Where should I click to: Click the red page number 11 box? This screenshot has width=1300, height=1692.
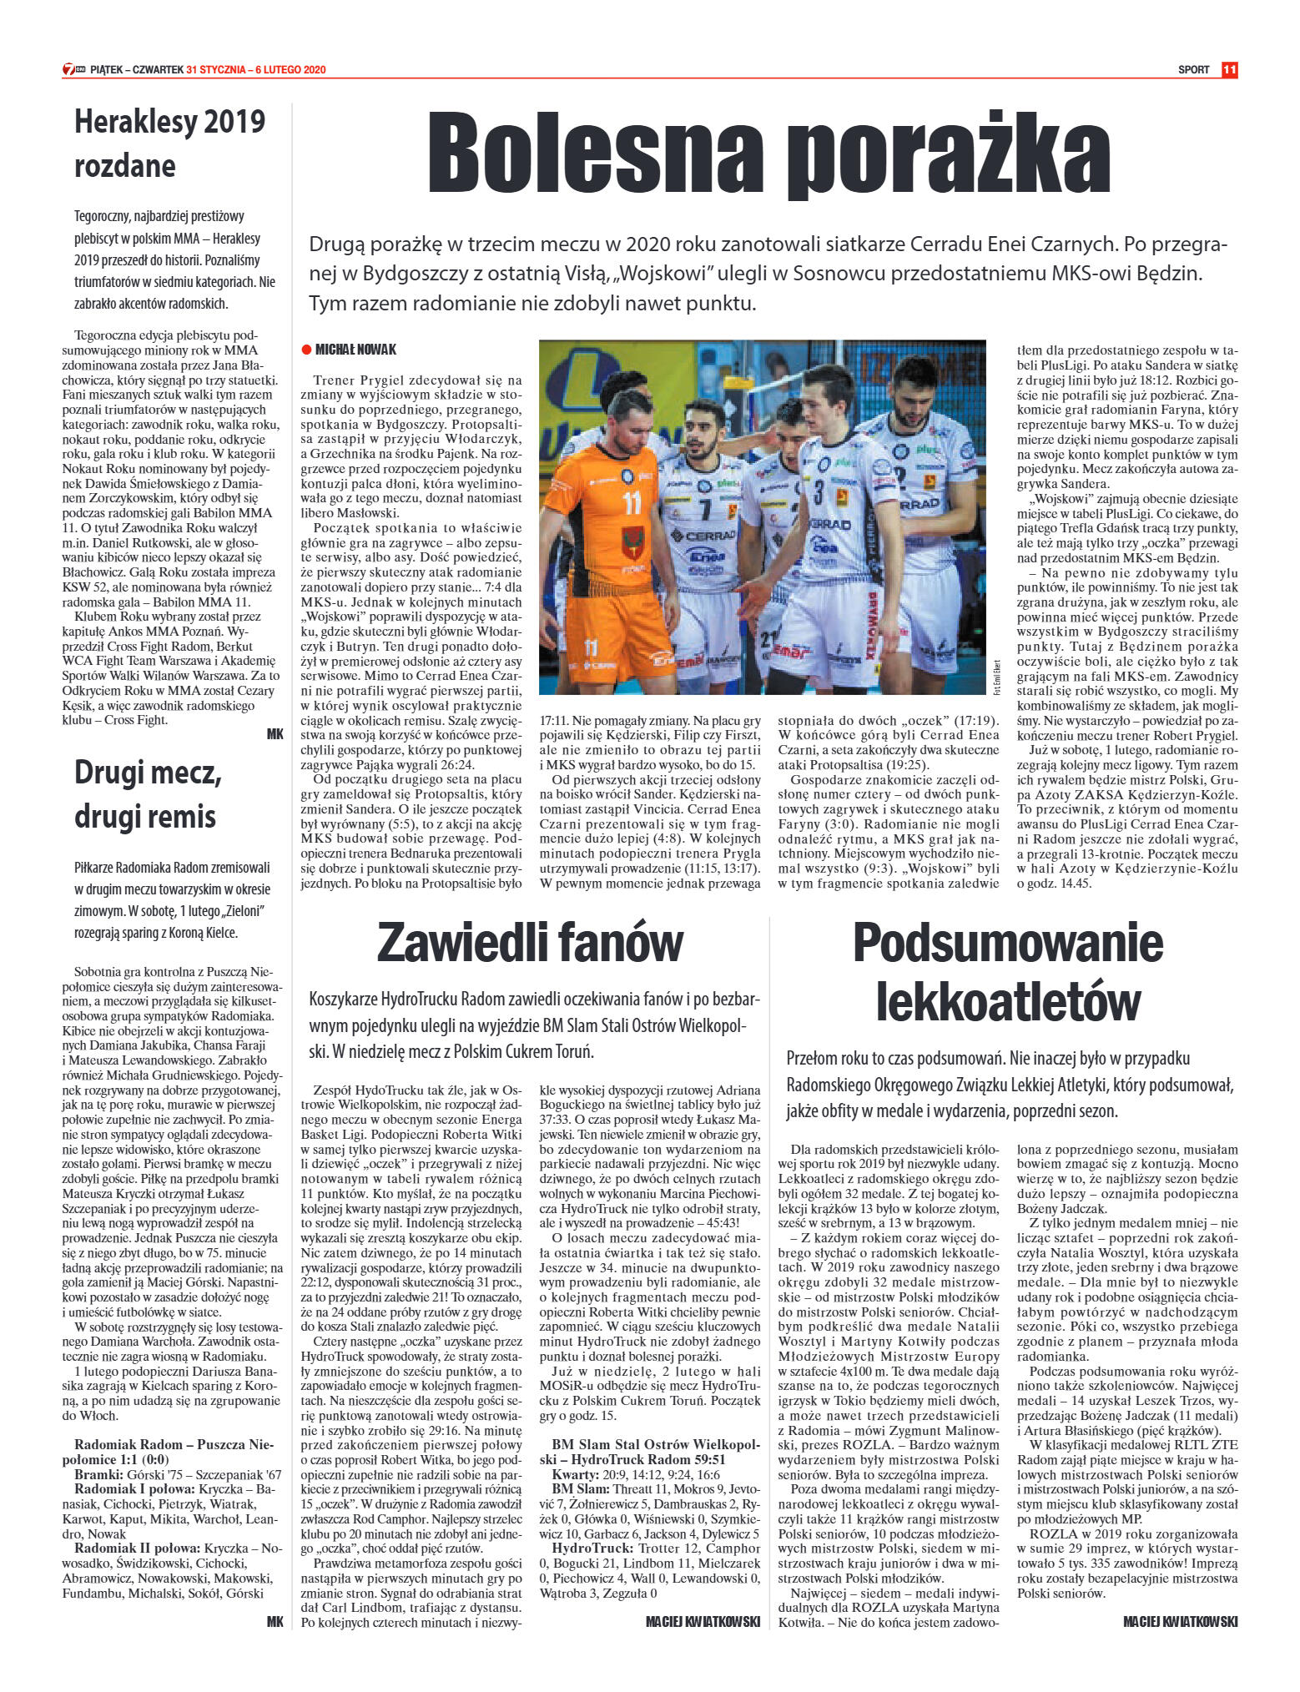(x=1228, y=70)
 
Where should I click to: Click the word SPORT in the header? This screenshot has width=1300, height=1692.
(x=1193, y=70)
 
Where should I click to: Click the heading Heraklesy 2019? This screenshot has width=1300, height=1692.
(x=169, y=122)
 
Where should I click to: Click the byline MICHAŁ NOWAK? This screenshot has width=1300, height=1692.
(x=355, y=350)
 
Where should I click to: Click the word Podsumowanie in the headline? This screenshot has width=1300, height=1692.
(x=1007, y=942)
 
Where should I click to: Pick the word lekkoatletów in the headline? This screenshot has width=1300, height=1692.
(x=1007, y=1001)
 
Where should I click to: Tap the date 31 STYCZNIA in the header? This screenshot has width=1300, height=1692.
(x=216, y=70)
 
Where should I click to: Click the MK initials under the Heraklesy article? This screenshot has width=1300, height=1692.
(x=275, y=734)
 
